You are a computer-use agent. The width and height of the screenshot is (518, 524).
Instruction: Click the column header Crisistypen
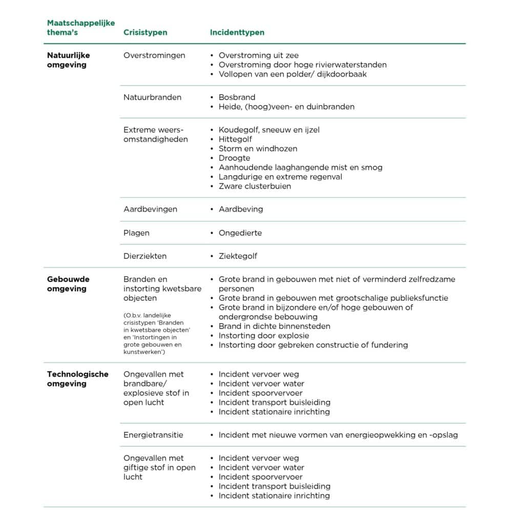(x=145, y=32)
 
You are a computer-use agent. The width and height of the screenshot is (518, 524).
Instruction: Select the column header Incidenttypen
(x=237, y=32)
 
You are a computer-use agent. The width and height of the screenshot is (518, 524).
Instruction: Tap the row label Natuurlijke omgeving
(x=68, y=60)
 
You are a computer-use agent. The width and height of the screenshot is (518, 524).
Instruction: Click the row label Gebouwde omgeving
(x=68, y=284)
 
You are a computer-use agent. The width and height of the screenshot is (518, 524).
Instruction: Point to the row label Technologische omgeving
(x=77, y=379)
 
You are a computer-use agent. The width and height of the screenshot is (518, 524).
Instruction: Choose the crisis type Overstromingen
(x=154, y=55)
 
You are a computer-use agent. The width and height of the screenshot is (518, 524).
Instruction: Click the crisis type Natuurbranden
(x=152, y=97)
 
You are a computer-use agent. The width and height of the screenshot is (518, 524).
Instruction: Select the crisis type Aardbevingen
(x=150, y=209)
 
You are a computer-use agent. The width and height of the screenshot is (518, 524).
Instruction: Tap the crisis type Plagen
(x=136, y=233)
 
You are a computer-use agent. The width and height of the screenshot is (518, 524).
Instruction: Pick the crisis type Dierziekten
(x=145, y=256)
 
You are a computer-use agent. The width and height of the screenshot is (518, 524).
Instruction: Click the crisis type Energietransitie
(x=153, y=435)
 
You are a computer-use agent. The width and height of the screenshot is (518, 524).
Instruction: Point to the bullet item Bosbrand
(x=237, y=97)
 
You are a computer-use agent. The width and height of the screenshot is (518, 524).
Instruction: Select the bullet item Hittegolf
(x=235, y=139)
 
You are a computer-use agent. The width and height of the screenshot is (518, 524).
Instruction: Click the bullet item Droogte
(x=234, y=158)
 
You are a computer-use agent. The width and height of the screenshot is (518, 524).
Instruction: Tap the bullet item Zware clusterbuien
(x=255, y=186)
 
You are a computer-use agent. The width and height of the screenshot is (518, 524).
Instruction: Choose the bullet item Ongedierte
(x=240, y=233)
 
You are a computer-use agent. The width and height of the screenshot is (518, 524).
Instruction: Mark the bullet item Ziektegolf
(x=238, y=256)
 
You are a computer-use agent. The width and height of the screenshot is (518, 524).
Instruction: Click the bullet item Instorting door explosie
(x=263, y=336)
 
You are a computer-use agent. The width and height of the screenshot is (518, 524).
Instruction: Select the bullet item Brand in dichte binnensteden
(x=274, y=326)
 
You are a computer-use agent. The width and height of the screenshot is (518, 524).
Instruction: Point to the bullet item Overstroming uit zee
(x=258, y=55)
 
